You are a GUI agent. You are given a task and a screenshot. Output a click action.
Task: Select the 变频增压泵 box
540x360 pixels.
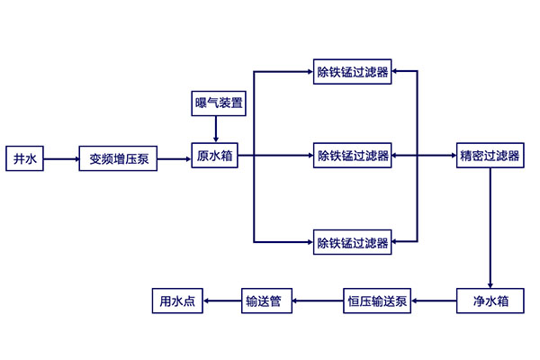(x=119, y=159)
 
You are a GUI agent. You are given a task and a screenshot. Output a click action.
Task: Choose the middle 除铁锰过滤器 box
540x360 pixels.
(x=352, y=157)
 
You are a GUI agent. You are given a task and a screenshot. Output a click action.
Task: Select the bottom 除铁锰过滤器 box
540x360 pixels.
(x=352, y=242)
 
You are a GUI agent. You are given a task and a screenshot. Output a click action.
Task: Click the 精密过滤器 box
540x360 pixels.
(x=490, y=157)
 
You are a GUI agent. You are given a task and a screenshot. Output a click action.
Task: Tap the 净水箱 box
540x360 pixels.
(x=490, y=301)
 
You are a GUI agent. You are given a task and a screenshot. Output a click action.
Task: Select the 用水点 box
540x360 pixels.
(x=176, y=301)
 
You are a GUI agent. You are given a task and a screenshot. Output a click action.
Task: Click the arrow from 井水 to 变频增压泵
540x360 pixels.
(x=61, y=159)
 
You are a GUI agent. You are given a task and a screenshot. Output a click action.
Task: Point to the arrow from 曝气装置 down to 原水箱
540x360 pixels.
(x=217, y=127)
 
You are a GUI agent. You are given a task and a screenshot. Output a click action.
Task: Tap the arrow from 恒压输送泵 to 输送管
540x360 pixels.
(x=317, y=301)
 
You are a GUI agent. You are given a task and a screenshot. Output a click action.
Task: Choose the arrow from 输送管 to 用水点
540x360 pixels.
(x=221, y=301)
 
